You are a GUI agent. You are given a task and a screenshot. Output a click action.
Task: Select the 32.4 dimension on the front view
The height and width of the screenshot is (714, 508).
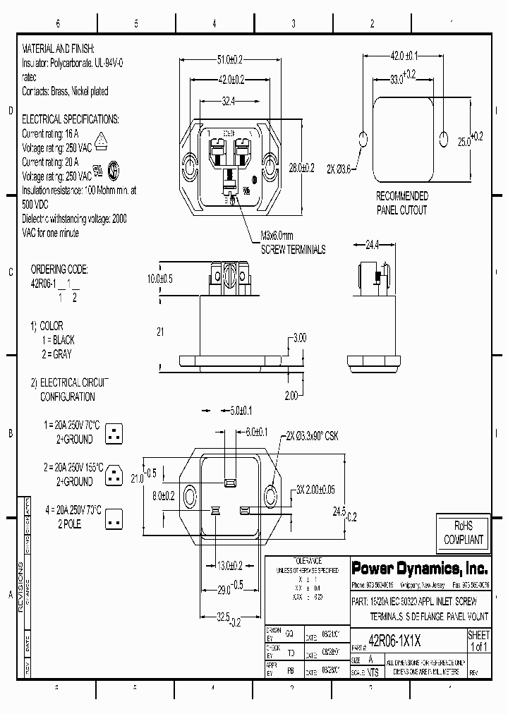[228, 102]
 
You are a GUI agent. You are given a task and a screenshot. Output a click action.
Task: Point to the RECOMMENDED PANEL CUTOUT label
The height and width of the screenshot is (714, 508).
[401, 203]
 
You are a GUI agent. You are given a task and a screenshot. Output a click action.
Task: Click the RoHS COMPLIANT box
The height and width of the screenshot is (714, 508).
[463, 533]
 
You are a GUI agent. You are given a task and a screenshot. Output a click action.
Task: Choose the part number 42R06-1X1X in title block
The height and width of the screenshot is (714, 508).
[395, 641]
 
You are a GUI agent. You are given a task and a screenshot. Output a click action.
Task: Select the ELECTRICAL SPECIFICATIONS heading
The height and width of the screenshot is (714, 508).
[71, 120]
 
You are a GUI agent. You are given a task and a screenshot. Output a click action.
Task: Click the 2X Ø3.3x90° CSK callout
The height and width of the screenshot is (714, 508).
[312, 437]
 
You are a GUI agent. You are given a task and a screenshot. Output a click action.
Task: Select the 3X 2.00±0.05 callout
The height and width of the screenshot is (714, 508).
[317, 489]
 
